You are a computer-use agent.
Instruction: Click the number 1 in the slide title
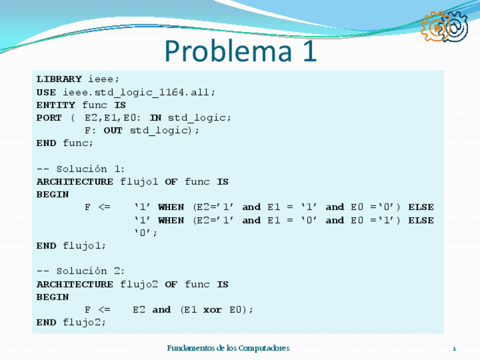[x=306, y=51]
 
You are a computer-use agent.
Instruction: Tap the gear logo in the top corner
[x=444, y=27]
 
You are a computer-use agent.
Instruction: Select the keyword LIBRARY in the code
[x=59, y=79]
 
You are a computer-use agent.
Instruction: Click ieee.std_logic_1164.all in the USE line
[x=139, y=92]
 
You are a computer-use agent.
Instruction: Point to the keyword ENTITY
[x=55, y=105]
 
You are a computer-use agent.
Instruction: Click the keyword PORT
[x=49, y=118]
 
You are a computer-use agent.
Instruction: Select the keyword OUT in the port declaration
[x=113, y=131]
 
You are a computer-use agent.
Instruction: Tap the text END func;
[x=65, y=143]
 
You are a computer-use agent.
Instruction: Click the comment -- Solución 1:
[x=81, y=169]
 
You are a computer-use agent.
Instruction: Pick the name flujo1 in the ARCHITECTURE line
[x=139, y=182]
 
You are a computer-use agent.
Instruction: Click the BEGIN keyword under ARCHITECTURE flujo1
[x=53, y=195]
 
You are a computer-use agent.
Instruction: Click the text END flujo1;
[x=71, y=246]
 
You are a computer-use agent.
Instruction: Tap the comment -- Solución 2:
[x=81, y=271]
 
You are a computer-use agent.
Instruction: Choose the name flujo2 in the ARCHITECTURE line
[x=139, y=284]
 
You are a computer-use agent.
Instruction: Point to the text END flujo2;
[x=71, y=323]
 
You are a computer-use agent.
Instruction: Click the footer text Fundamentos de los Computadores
[x=228, y=348]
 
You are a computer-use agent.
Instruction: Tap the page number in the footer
[x=454, y=349]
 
